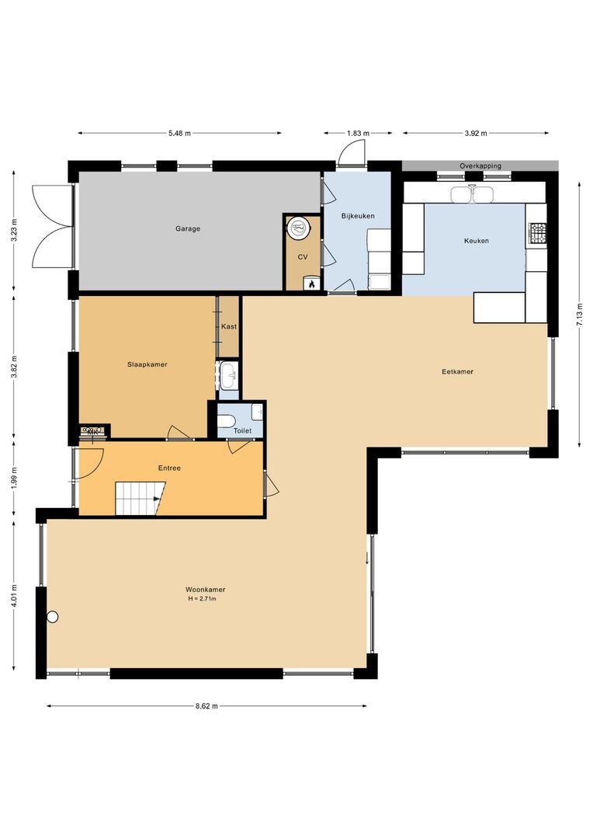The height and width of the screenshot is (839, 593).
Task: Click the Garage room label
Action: coord(188,228)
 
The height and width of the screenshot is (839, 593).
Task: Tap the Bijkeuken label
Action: coord(358,216)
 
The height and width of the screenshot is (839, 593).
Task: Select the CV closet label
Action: coord(303,257)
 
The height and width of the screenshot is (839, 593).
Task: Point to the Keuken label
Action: coord(476,241)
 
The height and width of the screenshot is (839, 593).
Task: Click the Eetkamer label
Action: coord(458,371)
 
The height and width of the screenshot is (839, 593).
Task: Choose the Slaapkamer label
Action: coord(147,364)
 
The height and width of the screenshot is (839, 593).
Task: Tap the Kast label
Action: coord(229,326)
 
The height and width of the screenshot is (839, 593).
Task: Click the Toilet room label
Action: coord(242,430)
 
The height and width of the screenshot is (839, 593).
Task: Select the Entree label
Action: coord(169,468)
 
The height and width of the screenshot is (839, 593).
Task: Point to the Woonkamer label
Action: coord(206,590)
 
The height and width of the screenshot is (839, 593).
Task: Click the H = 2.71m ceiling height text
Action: coord(202,599)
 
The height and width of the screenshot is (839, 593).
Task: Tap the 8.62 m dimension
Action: coord(206,705)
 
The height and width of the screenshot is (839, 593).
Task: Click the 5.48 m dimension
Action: coord(179,134)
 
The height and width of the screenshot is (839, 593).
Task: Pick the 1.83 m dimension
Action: coord(359,134)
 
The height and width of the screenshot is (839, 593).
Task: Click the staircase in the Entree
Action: coord(140,498)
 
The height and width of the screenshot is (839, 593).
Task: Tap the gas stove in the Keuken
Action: coord(536,232)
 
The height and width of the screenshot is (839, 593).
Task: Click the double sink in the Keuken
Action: coord(471,195)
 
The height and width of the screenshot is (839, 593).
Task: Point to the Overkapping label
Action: coord(480,166)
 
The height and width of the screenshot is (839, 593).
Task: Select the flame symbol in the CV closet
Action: coord(310,284)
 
